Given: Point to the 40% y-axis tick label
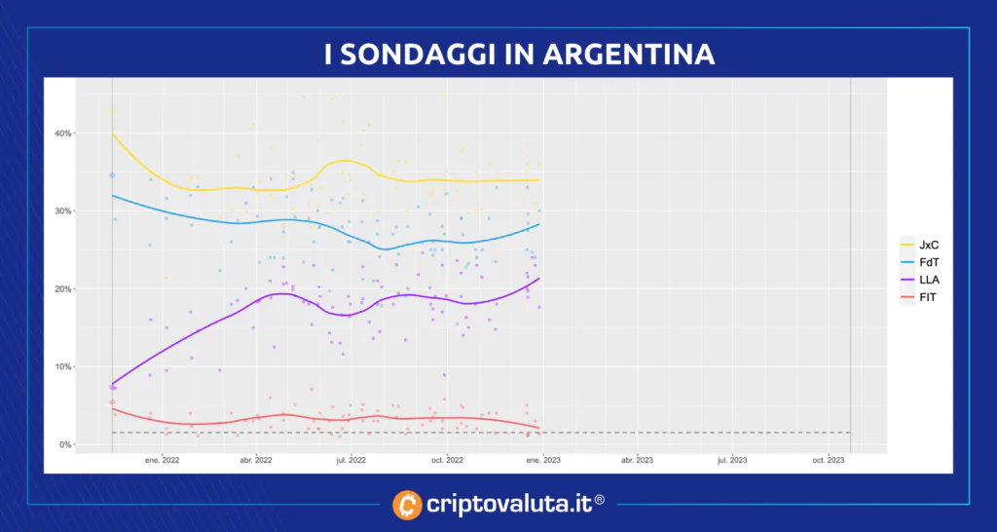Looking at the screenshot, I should [x=60, y=133].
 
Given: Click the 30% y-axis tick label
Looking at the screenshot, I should [x=60, y=211].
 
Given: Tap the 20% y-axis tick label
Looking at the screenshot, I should [x=60, y=289].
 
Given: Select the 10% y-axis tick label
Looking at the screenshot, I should [x=60, y=367].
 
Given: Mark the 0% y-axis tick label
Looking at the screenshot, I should [x=63, y=445].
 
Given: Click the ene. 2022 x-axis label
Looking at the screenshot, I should [x=161, y=460].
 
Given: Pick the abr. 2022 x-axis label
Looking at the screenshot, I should [x=255, y=460].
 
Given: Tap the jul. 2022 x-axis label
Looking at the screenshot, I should [x=351, y=460].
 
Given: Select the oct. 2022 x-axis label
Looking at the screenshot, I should [x=447, y=460].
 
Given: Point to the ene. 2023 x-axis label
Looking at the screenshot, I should [x=542, y=460].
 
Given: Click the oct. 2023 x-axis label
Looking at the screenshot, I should [x=828, y=460].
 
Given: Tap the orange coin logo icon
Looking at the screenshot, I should [x=407, y=505].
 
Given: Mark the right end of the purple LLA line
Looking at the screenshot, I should [x=539, y=279].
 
